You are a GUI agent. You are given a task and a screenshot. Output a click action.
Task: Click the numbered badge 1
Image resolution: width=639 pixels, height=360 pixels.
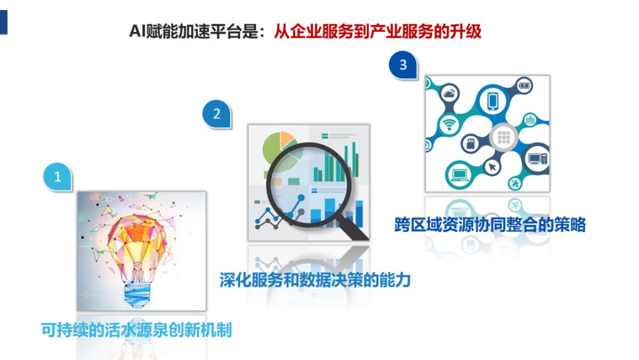coord(57,176)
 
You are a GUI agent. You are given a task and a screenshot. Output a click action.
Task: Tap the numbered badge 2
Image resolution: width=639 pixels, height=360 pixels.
coord(217,114)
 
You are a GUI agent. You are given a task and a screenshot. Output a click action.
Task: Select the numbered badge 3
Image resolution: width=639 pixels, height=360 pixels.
coord(403,65)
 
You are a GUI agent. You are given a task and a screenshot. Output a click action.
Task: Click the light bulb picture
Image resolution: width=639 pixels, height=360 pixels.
coord(141,250)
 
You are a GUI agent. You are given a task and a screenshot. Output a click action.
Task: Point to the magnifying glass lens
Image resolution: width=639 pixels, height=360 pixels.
coord(308,184)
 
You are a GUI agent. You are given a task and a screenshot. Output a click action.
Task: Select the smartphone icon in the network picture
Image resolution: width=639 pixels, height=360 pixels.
coord(493,100)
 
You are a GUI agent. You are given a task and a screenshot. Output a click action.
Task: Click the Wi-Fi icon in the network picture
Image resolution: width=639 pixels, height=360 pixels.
coord(449,124)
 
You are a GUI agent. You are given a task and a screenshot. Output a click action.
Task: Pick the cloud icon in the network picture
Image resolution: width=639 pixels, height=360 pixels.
coord(449,94)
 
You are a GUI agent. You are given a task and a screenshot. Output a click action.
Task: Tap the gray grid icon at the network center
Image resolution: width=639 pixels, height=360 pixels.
coord(504,137)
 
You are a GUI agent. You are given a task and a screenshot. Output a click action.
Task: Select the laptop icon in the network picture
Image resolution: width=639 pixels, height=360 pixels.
coord(460,175)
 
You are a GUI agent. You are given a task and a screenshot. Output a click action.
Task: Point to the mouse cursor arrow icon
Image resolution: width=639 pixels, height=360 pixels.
coord(492,167)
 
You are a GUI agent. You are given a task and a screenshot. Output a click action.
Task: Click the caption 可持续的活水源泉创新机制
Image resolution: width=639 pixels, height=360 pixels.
coord(137,330)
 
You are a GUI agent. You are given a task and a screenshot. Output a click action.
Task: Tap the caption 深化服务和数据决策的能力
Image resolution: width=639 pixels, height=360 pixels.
coord(315,280)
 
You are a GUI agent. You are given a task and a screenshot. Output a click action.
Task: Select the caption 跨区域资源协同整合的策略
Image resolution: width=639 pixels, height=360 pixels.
coord(490,224)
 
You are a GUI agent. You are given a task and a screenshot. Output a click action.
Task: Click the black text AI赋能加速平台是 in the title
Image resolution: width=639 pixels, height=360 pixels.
coord(193,31)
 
